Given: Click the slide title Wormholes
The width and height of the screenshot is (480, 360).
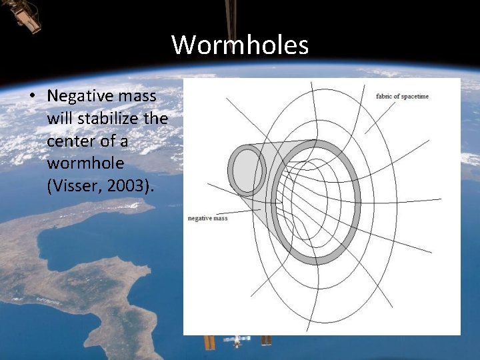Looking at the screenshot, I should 240,45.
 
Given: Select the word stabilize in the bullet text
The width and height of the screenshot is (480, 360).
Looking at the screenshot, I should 110,119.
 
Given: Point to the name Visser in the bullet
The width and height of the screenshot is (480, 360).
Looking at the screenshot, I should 71,187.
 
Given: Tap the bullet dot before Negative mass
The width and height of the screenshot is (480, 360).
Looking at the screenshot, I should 31,96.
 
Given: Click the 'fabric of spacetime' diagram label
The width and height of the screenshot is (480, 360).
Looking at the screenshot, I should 402,96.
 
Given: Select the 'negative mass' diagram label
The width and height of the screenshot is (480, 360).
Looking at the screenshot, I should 208,218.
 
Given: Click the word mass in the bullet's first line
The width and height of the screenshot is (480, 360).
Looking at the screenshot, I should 139,95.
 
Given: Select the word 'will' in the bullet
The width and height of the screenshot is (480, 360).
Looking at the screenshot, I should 59,119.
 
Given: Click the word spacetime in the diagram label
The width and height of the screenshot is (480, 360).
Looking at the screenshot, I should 415,96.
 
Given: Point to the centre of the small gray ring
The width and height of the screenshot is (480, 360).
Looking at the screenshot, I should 247,171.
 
